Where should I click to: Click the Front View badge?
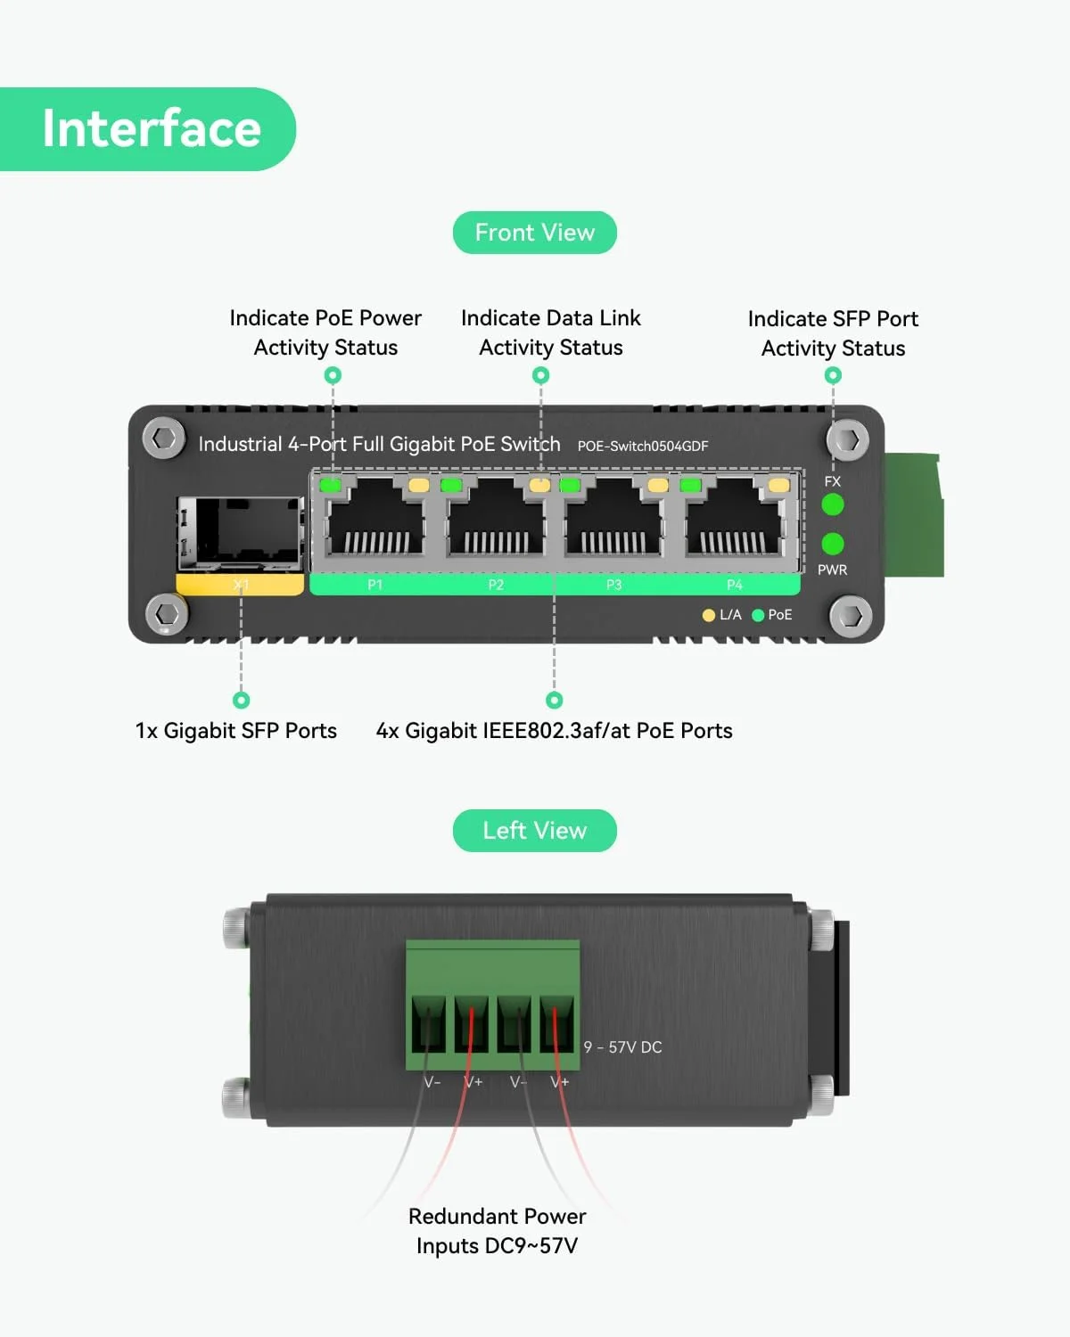tap(534, 233)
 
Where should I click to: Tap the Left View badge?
tap(534, 831)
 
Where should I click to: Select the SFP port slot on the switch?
tap(240, 532)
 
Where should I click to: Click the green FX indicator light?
tap(832, 505)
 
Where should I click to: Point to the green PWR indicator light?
tap(832, 544)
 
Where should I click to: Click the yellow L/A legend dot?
tap(709, 615)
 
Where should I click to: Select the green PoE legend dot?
tap(759, 615)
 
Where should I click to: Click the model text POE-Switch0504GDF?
tap(642, 446)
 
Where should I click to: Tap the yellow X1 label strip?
tap(240, 585)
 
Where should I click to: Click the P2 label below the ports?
tap(496, 585)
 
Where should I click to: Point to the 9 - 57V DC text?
tap(622, 1047)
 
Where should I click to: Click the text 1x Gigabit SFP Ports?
tap(236, 731)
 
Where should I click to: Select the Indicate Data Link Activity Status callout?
tap(550, 332)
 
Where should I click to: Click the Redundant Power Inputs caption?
tap(497, 1231)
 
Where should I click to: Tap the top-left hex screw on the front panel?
tap(164, 439)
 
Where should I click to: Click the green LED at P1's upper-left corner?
tap(331, 486)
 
